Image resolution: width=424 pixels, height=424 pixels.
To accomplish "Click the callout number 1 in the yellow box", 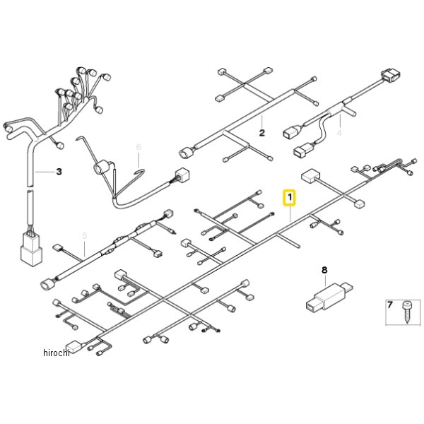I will click(x=289, y=197).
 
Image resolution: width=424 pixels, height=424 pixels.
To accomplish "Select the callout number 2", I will click(x=261, y=132).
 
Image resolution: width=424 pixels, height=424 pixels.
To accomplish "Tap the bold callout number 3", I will click(x=59, y=172).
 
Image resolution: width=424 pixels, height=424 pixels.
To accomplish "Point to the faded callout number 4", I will click(x=339, y=132).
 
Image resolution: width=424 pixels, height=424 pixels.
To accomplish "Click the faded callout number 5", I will click(x=84, y=235).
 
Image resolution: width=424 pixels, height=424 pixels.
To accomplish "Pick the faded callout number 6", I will click(x=139, y=147).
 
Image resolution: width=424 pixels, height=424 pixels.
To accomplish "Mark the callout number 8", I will click(x=324, y=269).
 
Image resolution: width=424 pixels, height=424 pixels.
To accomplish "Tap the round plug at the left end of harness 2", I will click(x=186, y=151).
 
